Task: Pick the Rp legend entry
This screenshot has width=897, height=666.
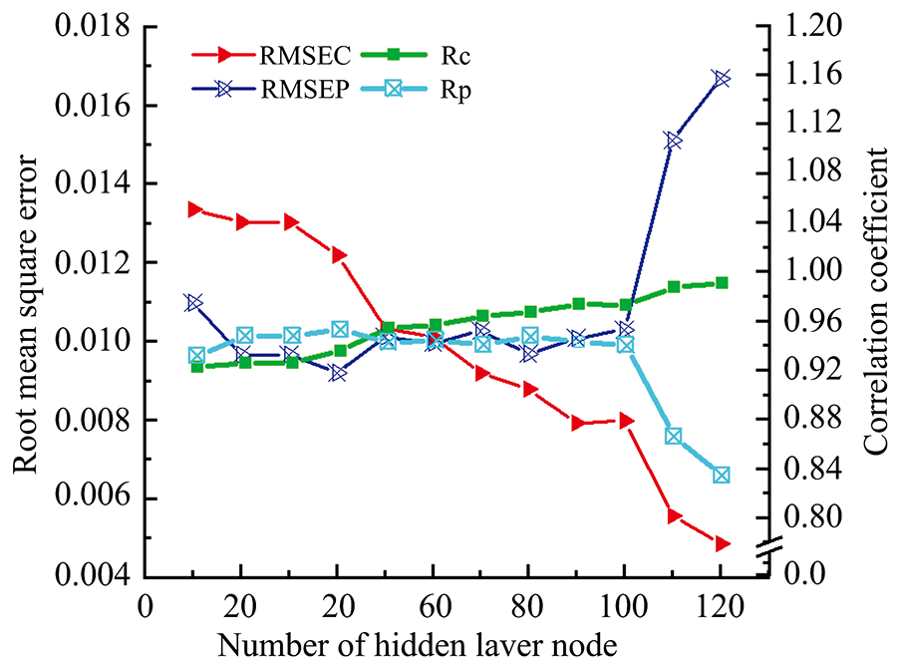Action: pyautogui.click(x=399, y=89)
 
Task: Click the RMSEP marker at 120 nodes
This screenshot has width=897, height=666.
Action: pyautogui.click(x=721, y=78)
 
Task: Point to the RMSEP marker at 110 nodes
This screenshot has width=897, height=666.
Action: pyautogui.click(x=674, y=141)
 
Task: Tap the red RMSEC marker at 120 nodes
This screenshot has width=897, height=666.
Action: pyautogui.click(x=721, y=543)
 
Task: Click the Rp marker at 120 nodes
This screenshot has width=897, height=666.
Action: pyautogui.click(x=721, y=475)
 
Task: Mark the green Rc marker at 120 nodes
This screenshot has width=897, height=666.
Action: pyautogui.click(x=721, y=283)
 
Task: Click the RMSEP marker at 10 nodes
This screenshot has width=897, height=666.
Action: pyautogui.click(x=194, y=302)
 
